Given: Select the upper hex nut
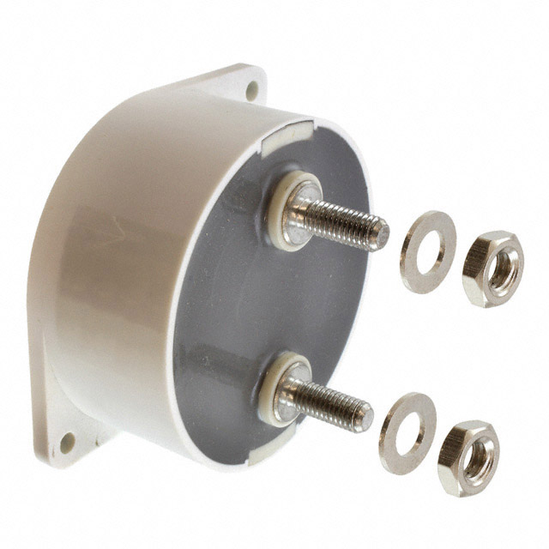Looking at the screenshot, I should [491, 268].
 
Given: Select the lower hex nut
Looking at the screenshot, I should [468, 457].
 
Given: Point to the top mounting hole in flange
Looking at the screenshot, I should [251, 87].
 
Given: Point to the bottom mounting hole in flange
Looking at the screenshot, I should [67, 443].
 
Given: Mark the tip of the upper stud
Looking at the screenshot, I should [378, 232].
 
